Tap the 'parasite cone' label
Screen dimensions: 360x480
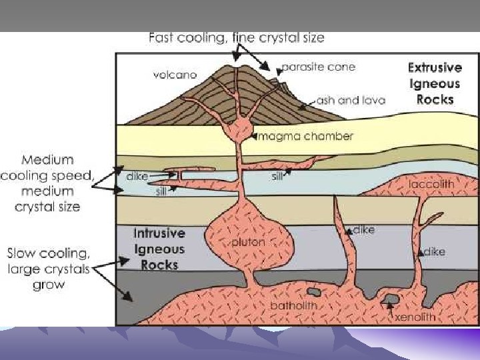click(x=317, y=67)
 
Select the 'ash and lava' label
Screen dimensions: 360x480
click(x=347, y=101)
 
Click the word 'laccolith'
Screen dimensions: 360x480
click(x=433, y=184)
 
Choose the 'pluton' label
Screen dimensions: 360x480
click(x=249, y=241)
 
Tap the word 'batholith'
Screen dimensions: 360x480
click(x=293, y=305)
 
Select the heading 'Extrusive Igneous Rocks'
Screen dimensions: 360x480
click(x=434, y=83)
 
